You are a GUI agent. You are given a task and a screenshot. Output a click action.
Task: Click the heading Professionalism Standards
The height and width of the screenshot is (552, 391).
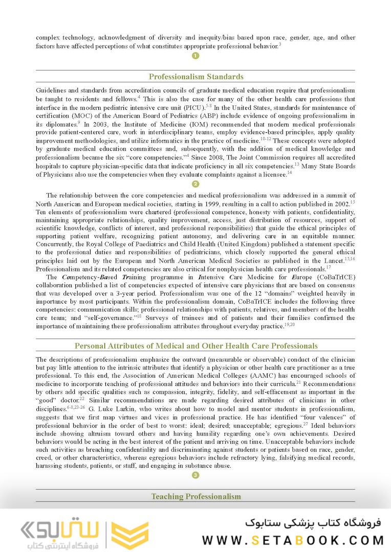196,77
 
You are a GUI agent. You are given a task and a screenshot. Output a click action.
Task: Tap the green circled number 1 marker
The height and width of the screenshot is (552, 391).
196,56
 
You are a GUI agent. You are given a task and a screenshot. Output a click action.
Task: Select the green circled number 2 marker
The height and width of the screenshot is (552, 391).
196,184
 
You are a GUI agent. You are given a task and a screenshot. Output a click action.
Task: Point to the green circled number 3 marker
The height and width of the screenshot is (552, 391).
196,475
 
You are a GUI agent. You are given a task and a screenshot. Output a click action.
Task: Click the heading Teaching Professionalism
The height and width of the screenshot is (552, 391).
196,496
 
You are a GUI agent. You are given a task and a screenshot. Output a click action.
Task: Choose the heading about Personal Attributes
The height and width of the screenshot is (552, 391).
196,346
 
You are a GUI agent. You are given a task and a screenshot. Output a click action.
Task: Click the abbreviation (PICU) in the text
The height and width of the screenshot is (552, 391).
194,107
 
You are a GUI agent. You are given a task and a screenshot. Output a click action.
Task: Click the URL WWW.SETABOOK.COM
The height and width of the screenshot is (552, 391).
293,540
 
